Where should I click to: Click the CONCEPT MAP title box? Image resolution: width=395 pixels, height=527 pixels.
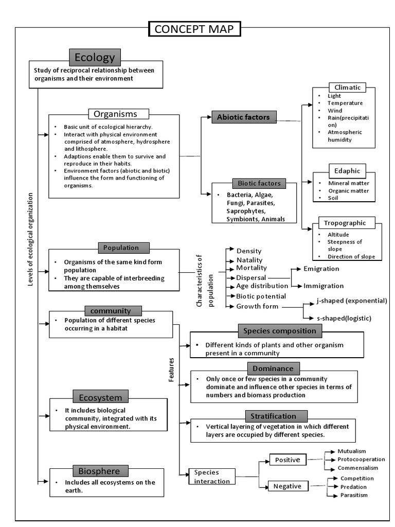point(194,29)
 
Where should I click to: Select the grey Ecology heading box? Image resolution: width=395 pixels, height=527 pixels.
point(95,57)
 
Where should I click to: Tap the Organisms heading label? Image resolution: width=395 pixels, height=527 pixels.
point(119,114)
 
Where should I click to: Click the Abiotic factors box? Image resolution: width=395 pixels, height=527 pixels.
point(243,117)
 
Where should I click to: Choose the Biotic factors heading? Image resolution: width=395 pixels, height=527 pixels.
point(256,183)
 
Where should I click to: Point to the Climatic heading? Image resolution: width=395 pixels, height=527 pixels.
point(347,87)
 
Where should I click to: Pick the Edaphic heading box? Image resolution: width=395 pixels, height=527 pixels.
point(347,171)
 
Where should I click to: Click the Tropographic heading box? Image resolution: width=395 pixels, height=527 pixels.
point(345,223)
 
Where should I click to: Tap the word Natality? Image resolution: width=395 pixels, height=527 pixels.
point(249,260)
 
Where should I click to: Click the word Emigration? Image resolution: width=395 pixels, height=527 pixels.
point(321,269)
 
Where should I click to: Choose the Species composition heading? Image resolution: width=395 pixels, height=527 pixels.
point(280,331)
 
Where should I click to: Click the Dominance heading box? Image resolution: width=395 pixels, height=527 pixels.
point(273,368)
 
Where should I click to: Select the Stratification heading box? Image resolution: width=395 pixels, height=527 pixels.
point(273,416)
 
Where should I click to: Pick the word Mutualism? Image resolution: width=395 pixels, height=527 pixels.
point(351,451)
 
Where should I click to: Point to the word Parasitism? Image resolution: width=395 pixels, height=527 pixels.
point(354,495)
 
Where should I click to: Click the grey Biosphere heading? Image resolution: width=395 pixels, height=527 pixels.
point(99,471)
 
